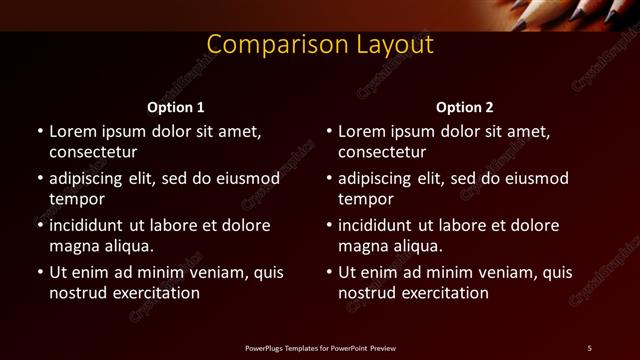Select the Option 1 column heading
(176, 107)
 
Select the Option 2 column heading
(465, 107)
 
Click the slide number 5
(589, 347)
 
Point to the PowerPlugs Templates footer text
(320, 347)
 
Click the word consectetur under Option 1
(93, 152)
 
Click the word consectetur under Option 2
(382, 152)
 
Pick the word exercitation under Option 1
(155, 293)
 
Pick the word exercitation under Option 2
(444, 293)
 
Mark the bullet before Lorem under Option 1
(40, 131)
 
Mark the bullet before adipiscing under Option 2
(329, 178)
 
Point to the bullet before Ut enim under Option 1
(40, 272)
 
